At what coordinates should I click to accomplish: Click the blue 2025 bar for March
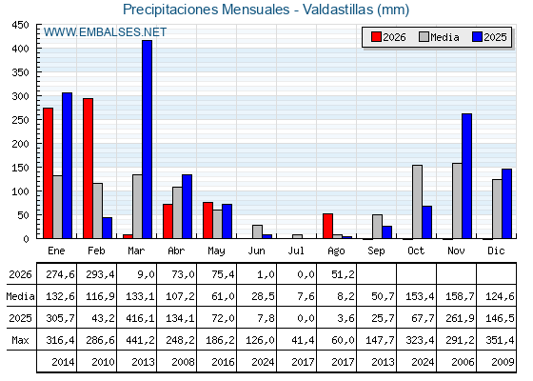pyautogui.click(x=148, y=139)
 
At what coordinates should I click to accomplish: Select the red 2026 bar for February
pyautogui.click(x=88, y=169)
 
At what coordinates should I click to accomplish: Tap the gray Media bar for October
pyautogui.click(x=418, y=202)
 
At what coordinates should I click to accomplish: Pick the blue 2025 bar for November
pyautogui.click(x=467, y=176)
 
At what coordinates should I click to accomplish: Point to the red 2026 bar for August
pyautogui.click(x=328, y=226)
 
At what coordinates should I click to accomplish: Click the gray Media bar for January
pyautogui.click(x=58, y=207)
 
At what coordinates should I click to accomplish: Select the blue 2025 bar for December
pyautogui.click(x=506, y=204)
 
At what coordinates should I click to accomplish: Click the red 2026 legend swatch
pyautogui.click(x=376, y=37)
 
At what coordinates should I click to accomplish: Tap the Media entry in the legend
pyautogui.click(x=439, y=37)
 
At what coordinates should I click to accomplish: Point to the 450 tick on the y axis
pyautogui.click(x=20, y=25)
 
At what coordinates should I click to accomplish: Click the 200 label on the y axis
pyautogui.click(x=20, y=144)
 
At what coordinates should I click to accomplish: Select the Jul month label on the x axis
pyautogui.click(x=296, y=251)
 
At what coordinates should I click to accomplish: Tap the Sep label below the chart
pyautogui.click(x=376, y=251)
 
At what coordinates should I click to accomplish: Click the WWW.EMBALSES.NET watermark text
pyautogui.click(x=105, y=32)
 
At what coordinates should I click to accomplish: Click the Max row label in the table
pyautogui.click(x=20, y=340)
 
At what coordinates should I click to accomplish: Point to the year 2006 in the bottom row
pyautogui.click(x=463, y=362)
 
